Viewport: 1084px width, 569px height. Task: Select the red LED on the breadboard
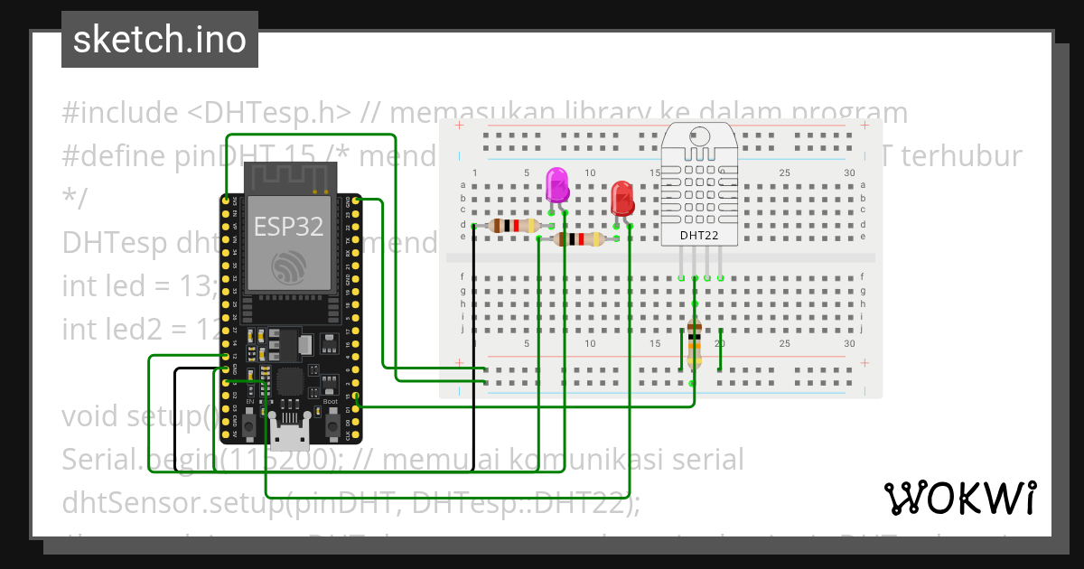click(x=622, y=197)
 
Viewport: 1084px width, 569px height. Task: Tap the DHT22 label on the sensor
click(x=698, y=237)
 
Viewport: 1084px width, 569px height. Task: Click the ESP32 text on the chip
click(x=288, y=226)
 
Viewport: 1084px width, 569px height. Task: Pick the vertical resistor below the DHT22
click(x=694, y=343)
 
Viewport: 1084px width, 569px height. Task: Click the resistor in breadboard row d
click(x=513, y=226)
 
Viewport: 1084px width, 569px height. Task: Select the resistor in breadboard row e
click(x=578, y=238)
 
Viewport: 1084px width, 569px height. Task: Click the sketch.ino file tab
click(x=160, y=40)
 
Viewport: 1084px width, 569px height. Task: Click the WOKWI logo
click(x=959, y=499)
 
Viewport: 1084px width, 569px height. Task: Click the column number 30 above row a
click(x=848, y=173)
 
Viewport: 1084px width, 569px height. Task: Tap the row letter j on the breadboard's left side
click(x=463, y=329)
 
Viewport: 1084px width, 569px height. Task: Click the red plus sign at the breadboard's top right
click(x=864, y=126)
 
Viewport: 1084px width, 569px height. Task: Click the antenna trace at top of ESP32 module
click(x=288, y=180)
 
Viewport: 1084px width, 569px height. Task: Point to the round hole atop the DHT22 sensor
click(x=698, y=136)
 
